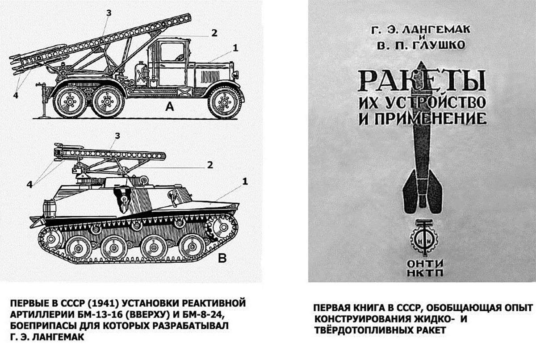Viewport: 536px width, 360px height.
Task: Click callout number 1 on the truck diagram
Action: [x=235, y=47]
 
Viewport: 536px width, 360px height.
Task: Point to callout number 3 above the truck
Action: [x=109, y=13]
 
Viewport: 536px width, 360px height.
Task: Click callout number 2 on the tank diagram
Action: [x=209, y=164]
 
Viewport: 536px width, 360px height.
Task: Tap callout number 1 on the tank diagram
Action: [x=245, y=181]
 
